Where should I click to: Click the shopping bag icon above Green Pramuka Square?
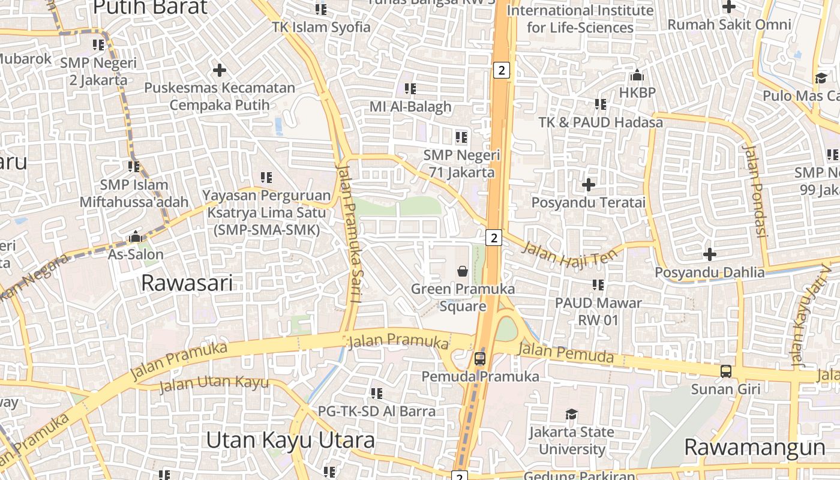click(x=463, y=271)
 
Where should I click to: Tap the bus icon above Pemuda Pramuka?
click(x=480, y=359)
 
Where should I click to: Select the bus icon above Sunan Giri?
click(x=726, y=371)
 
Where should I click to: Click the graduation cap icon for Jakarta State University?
click(x=571, y=414)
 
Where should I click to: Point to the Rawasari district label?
click(x=187, y=283)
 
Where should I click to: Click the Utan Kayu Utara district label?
click(x=290, y=440)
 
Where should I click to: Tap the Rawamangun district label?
click(x=755, y=448)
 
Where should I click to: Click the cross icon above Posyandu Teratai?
click(x=589, y=184)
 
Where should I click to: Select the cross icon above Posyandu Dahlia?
click(x=710, y=254)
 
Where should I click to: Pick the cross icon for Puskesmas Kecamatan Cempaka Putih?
click(x=220, y=70)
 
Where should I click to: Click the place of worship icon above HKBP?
click(x=637, y=75)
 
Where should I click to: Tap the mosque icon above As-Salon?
click(x=136, y=236)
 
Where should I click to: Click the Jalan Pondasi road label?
click(x=755, y=190)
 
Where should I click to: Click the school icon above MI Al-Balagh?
click(x=410, y=89)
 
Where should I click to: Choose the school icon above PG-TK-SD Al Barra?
click(x=377, y=394)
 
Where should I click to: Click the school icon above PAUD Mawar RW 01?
click(x=598, y=285)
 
